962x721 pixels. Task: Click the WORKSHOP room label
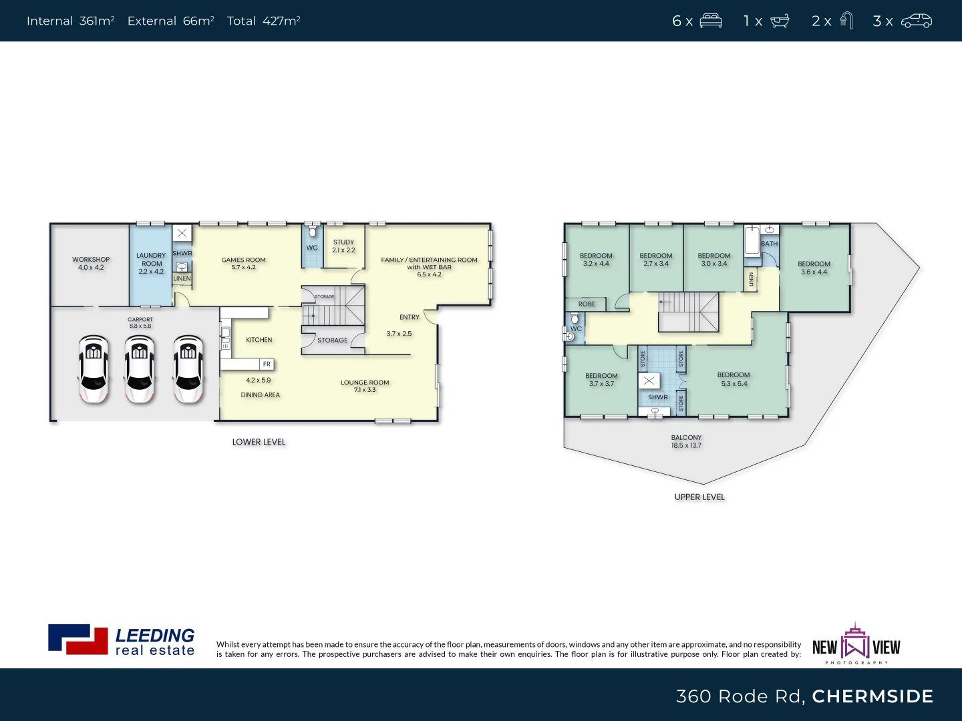[91, 264]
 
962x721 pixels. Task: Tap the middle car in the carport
[140, 369]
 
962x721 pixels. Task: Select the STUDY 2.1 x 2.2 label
[343, 246]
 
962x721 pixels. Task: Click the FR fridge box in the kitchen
[267, 365]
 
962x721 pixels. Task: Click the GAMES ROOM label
[243, 264]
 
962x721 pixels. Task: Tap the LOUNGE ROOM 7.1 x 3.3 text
[365, 386]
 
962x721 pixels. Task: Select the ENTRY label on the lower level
[410, 317]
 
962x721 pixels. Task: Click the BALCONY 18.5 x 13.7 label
[686, 442]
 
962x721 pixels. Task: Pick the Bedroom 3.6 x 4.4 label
[814, 268]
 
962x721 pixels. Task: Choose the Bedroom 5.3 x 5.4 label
[734, 379]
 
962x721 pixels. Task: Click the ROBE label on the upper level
[587, 304]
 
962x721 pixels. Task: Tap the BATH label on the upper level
[770, 244]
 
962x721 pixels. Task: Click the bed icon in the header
[711, 21]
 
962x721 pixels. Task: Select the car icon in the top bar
[916, 21]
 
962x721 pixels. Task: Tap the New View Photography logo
[856, 644]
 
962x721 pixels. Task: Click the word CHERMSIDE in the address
[872, 696]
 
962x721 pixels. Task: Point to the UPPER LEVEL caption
[699, 497]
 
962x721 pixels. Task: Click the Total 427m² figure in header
[263, 21]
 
